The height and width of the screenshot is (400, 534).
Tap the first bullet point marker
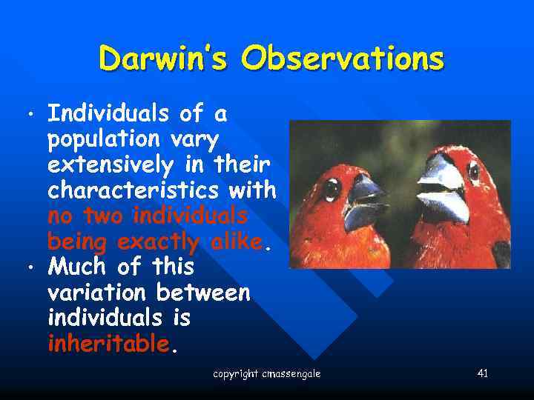[29, 116]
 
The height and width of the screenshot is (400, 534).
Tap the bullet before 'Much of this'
[29, 266]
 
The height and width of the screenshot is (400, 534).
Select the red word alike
[236, 241]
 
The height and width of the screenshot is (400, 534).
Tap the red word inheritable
[108, 344]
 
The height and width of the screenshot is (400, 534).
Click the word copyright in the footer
[236, 374]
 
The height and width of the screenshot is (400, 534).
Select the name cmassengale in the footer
[291, 374]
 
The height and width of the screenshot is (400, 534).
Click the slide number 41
[482, 373]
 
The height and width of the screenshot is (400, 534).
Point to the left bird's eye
[332, 187]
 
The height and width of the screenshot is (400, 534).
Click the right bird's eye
[473, 172]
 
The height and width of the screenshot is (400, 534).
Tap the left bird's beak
[365, 202]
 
